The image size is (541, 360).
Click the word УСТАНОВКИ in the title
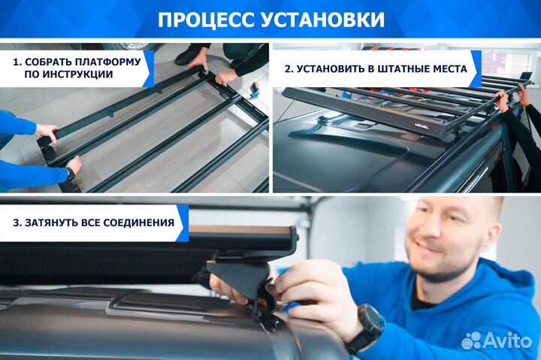click(322, 19)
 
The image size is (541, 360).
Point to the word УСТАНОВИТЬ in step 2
click(337, 68)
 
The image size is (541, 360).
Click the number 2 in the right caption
click(288, 68)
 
